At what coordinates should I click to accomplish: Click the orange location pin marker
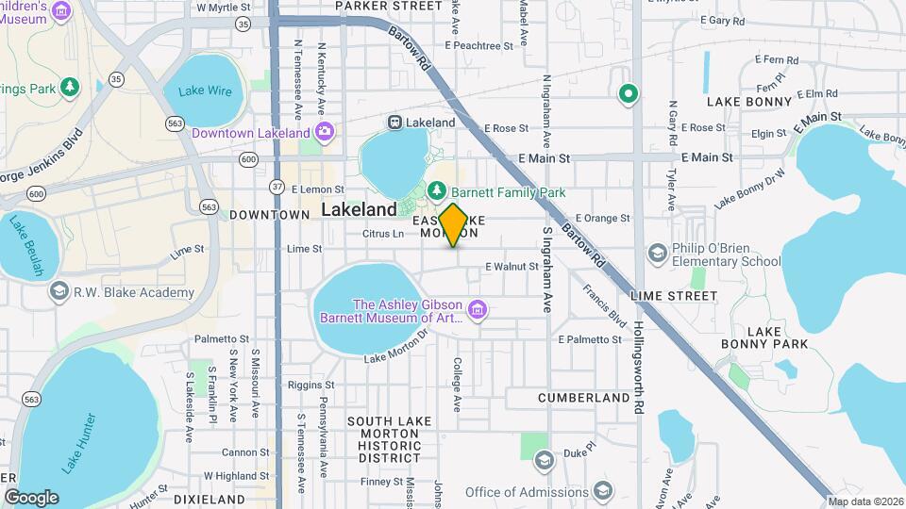[x=453, y=224]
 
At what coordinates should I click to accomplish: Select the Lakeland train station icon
[x=395, y=123]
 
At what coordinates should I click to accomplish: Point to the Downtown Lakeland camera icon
[x=325, y=131]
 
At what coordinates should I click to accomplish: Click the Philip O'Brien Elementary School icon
[x=657, y=253]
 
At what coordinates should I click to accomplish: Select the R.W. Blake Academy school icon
[x=59, y=292]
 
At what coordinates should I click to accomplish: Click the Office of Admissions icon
[x=602, y=492]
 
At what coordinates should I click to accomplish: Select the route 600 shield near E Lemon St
[x=248, y=160]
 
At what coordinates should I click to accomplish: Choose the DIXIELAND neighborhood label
[x=210, y=499]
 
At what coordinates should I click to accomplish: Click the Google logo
[x=31, y=497]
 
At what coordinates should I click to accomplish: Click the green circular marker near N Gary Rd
[x=628, y=93]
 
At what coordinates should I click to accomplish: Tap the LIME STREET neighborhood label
[x=674, y=296]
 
